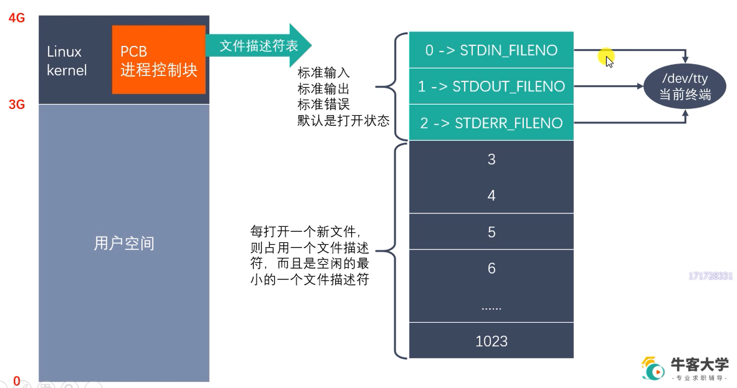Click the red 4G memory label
(x=17, y=18)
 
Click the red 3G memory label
(x=17, y=104)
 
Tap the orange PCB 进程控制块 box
(x=159, y=60)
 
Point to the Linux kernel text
(x=66, y=61)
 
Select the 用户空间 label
(x=124, y=243)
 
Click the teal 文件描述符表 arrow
(x=259, y=46)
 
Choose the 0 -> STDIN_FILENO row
(x=491, y=50)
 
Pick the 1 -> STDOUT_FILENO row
(x=491, y=86)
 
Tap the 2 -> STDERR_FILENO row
(x=491, y=123)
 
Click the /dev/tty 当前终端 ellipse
(x=685, y=86)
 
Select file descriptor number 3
(x=491, y=160)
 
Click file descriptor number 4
(x=491, y=196)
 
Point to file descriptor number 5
(x=491, y=232)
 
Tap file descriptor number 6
(x=491, y=268)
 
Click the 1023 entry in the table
(x=491, y=341)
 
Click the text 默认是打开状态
(x=343, y=121)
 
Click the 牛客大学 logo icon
(x=653, y=369)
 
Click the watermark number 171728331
(x=710, y=276)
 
